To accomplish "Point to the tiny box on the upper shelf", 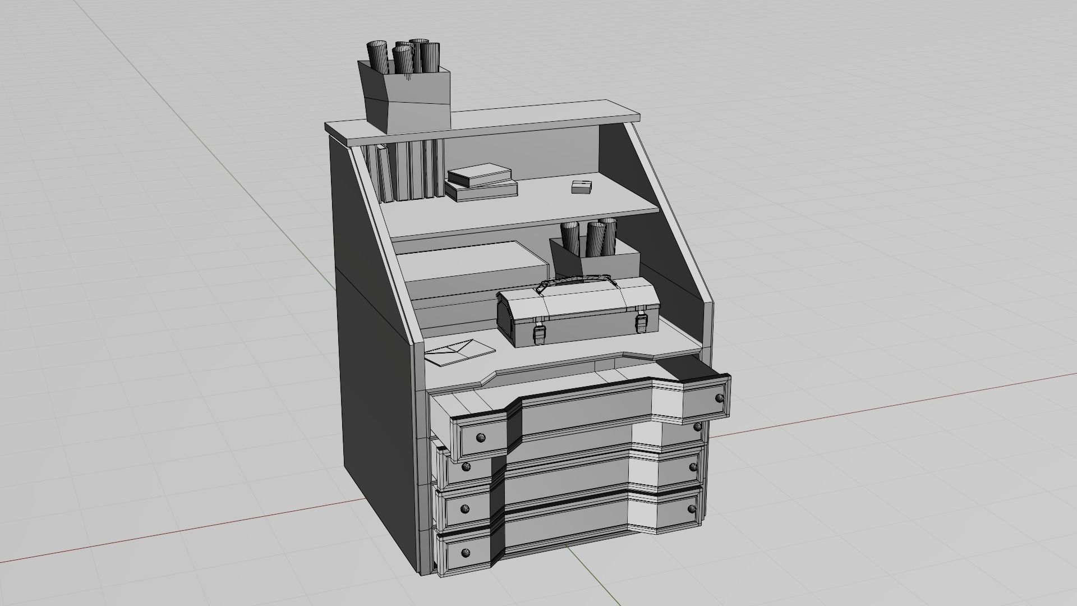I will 581,187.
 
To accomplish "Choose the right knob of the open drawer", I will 720,398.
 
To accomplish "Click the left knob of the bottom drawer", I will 465,553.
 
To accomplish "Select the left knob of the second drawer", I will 465,466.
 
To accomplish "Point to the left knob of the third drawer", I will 465,508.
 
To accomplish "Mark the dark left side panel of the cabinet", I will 373,348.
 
